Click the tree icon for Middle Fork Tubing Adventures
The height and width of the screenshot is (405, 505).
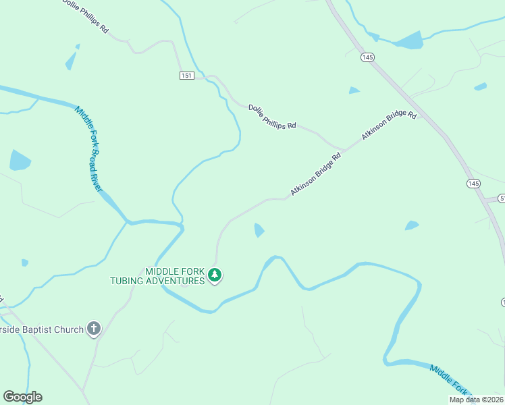click(x=215, y=275)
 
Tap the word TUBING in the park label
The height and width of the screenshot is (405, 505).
click(x=133, y=281)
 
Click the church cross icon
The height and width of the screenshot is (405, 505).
click(x=94, y=329)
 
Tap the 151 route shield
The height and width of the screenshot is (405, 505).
click(x=187, y=75)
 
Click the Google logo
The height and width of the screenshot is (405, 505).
click(x=22, y=397)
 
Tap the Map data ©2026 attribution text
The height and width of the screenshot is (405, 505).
click(x=475, y=400)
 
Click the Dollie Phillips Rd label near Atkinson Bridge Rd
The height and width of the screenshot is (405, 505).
click(x=272, y=116)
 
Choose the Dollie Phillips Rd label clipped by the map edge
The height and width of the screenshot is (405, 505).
click(x=85, y=17)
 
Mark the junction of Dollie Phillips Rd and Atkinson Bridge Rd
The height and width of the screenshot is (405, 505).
click(x=344, y=148)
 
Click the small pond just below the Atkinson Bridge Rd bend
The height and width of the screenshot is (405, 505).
click(x=259, y=230)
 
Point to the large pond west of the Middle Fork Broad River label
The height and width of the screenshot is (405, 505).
click(x=19, y=161)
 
